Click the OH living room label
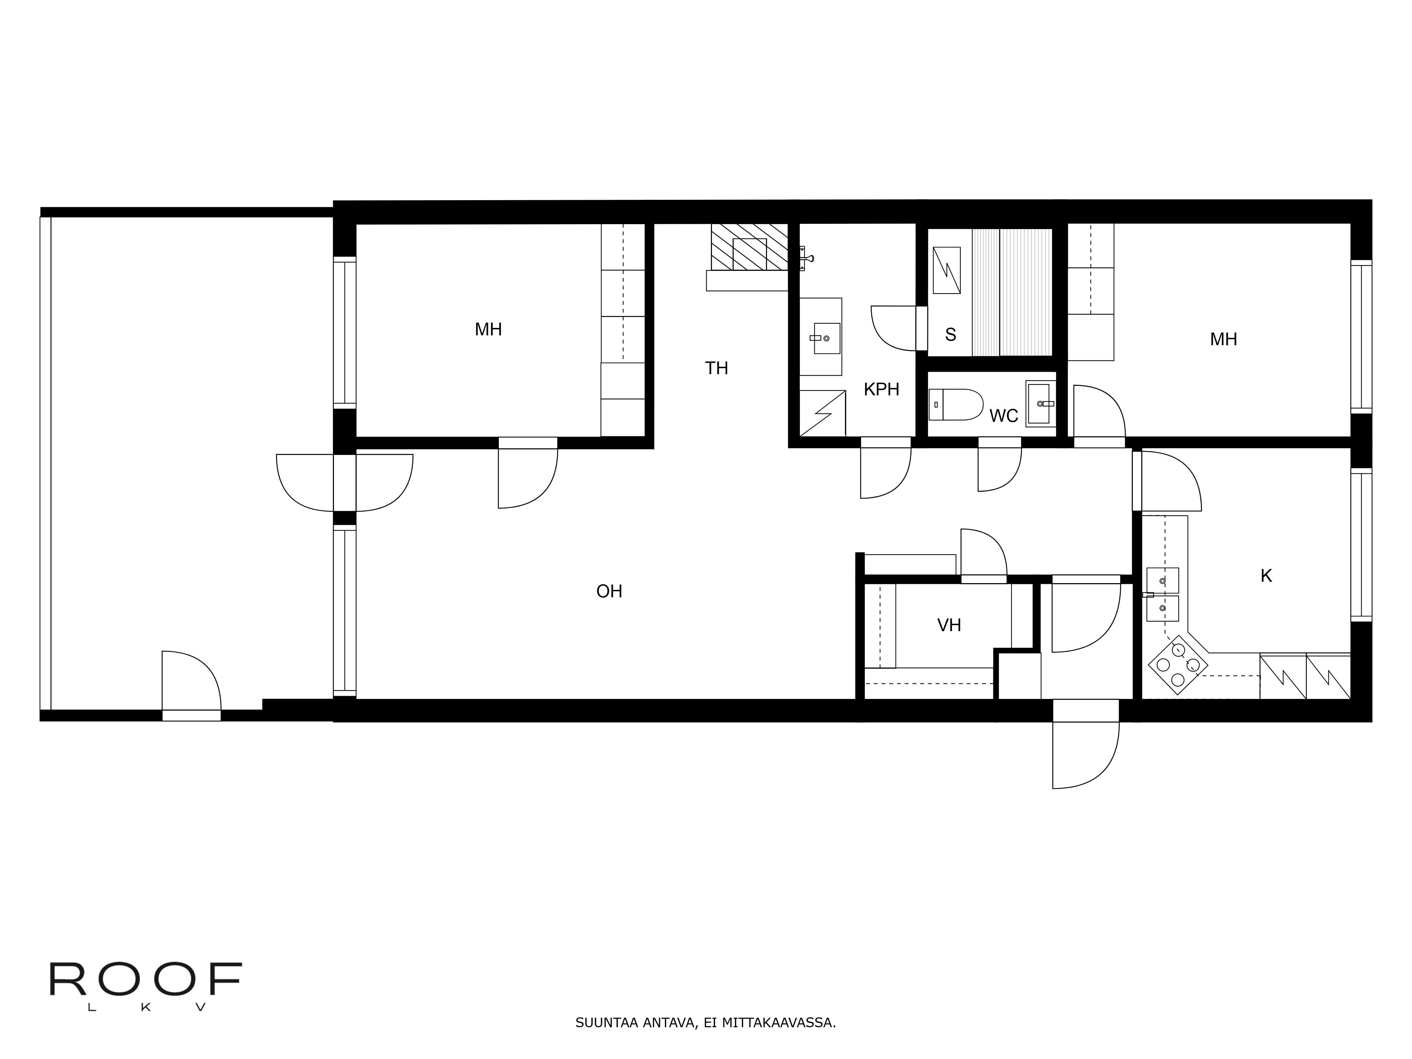click(x=609, y=591)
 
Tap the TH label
click(x=716, y=368)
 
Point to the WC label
click(x=1004, y=416)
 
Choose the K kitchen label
click(x=1266, y=576)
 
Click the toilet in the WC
click(x=956, y=405)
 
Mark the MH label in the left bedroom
click(x=488, y=329)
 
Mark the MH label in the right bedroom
click(x=1223, y=339)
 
